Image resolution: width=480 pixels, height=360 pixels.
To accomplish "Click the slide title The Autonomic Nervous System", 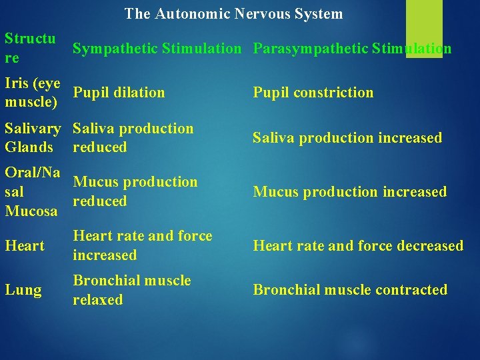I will pos(233,13).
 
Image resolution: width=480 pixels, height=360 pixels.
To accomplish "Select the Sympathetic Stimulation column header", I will pos(157,49).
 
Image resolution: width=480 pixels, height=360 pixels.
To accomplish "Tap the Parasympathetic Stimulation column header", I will pos(352,49).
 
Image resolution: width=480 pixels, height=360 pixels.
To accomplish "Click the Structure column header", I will pos(30,48).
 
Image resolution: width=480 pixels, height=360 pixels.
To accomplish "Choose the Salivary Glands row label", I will pos(32,138).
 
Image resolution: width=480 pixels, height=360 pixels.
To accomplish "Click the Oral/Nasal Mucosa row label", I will pos(32,191).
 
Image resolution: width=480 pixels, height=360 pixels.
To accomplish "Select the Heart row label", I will pos(25,246).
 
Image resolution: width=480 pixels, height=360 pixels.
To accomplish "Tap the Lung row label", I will pos(23,290).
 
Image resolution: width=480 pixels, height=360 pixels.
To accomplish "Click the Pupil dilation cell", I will pos(119,93).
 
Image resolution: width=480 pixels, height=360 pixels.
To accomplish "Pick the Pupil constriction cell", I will pos(313,93).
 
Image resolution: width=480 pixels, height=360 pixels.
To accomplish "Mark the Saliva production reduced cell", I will pos(133,138).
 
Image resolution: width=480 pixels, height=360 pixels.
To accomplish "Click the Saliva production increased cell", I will pos(347,138).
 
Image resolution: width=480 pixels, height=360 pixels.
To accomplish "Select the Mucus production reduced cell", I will pos(135,191).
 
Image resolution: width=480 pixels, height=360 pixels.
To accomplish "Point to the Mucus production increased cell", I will pos(349,192).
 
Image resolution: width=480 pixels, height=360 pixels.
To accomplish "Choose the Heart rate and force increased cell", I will pos(142,245).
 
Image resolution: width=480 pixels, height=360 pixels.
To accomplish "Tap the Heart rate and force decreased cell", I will pos(357,246).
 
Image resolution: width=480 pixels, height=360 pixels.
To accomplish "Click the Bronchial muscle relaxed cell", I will pos(131,290).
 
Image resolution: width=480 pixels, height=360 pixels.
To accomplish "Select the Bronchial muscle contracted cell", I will pos(349,290).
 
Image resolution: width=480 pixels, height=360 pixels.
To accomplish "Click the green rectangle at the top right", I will pos(424,28).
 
